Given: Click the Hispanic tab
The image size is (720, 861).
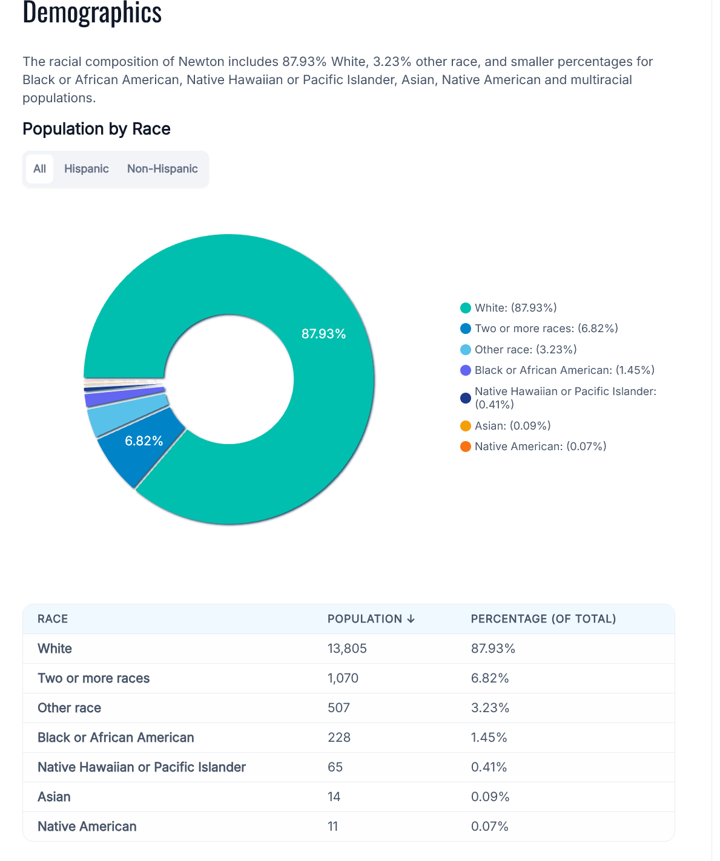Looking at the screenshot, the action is click(x=86, y=169).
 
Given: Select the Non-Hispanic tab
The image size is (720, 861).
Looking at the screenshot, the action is click(x=162, y=169).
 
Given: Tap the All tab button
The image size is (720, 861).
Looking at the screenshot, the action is click(x=39, y=169).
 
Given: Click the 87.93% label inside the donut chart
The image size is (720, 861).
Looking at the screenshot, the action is click(x=323, y=333).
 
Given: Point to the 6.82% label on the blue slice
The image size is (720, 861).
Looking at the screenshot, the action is click(x=144, y=441).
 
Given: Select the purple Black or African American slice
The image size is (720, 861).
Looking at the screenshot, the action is click(x=124, y=396).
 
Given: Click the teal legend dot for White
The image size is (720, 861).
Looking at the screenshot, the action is click(x=466, y=308).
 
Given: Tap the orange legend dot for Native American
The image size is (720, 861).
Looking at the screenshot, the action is click(x=466, y=447).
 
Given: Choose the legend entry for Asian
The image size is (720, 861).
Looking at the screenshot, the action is click(x=506, y=425).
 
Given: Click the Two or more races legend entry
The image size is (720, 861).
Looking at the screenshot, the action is click(x=539, y=329).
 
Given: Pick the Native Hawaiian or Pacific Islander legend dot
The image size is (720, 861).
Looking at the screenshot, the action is click(x=466, y=398).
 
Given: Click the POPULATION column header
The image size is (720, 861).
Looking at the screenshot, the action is click(x=371, y=618).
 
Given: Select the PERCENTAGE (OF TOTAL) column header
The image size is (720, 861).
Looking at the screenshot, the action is click(x=543, y=618).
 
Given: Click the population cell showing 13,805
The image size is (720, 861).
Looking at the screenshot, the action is click(x=347, y=648).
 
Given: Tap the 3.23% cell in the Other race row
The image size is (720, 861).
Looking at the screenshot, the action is click(x=490, y=707).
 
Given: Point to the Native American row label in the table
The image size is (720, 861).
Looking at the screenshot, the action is click(x=87, y=827).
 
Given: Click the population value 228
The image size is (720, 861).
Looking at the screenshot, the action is click(x=339, y=738).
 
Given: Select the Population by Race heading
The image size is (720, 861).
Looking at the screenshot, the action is click(x=96, y=129).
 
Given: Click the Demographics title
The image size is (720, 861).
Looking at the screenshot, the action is click(x=92, y=12).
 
